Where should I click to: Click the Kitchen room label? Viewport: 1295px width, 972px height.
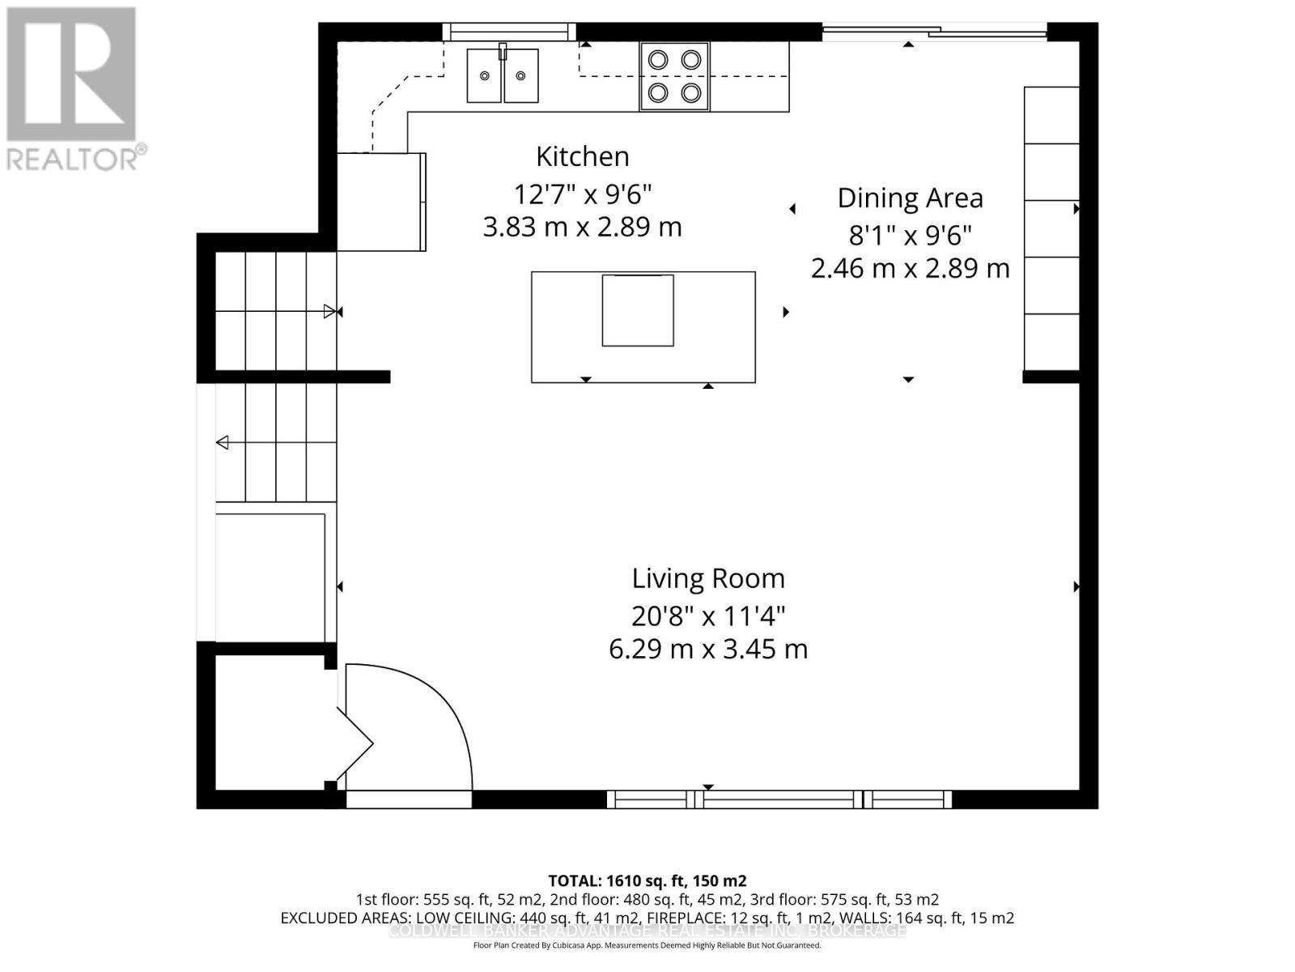pyautogui.click(x=582, y=156)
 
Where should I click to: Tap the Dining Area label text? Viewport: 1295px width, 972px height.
pyautogui.click(x=910, y=198)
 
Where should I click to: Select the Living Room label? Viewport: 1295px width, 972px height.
pyautogui.click(x=708, y=578)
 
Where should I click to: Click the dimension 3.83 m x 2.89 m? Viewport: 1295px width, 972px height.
pyautogui.click(x=582, y=227)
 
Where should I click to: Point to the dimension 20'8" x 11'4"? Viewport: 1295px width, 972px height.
pyautogui.click(x=708, y=616)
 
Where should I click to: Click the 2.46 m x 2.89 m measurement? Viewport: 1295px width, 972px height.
pyautogui.click(x=910, y=268)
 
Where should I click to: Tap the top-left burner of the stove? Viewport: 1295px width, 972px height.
pyautogui.click(x=659, y=59)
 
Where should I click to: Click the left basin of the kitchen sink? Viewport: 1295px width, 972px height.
pyautogui.click(x=484, y=75)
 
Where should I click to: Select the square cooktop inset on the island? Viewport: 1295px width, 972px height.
pyautogui.click(x=638, y=310)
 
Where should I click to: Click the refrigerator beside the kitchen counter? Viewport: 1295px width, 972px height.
pyautogui.click(x=380, y=202)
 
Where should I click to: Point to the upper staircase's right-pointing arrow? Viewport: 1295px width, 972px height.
pyautogui.click(x=329, y=311)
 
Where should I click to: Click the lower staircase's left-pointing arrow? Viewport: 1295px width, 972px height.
pyautogui.click(x=222, y=442)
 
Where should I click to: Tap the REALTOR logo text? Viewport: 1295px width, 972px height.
pyautogui.click(x=77, y=158)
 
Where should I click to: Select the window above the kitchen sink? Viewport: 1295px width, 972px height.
pyautogui.click(x=510, y=32)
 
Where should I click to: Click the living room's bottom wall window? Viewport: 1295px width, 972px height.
pyautogui.click(x=779, y=799)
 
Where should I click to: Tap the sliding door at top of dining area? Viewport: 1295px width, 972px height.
pyautogui.click(x=935, y=32)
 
